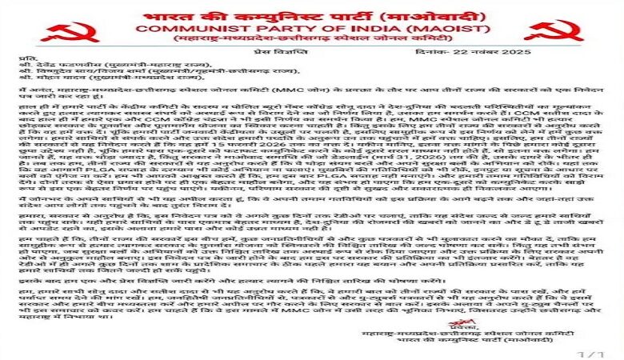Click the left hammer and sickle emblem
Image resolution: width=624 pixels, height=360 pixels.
click(73, 31)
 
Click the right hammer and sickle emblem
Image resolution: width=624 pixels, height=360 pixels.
click(554, 31)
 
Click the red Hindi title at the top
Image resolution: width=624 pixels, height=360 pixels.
click(313, 14)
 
